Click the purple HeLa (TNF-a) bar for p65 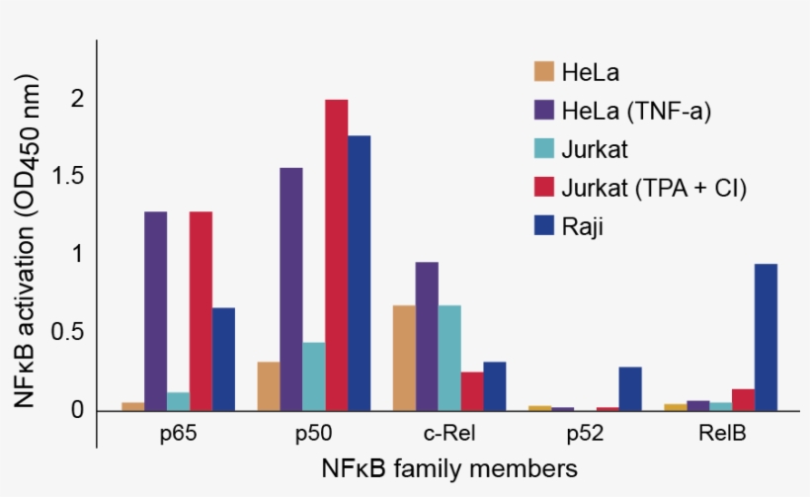pos(156,311)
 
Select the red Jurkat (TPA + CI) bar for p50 pos(337,255)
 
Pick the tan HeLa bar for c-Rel pos(404,358)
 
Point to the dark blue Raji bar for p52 pos(630,388)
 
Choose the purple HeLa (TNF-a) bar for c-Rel pos(427,336)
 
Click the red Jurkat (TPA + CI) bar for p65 pos(201,311)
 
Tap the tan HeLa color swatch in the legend pos(544,71)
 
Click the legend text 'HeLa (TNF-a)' pos(636,111)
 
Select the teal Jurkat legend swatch pos(544,149)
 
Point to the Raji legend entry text pos(582,227)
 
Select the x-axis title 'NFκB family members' pos(448,466)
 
